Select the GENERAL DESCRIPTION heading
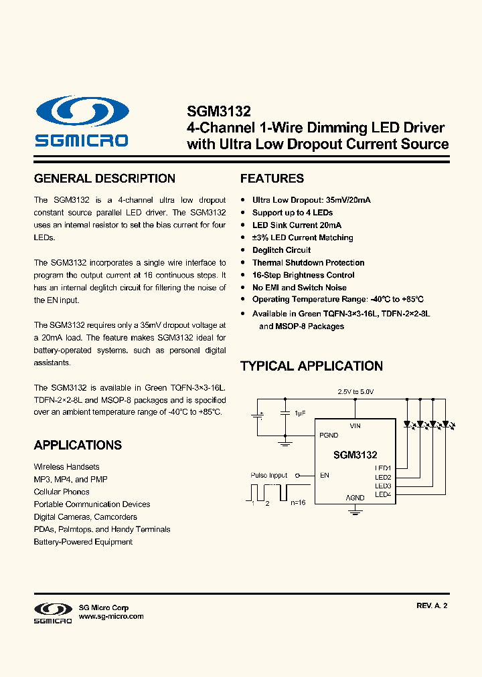pos(104,179)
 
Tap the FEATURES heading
pos(272,179)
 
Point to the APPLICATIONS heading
pos(78,446)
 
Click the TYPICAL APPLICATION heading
pos(311,366)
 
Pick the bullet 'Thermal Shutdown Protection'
pos(308,263)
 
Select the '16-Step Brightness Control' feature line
pos(303,275)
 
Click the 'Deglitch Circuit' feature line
pos(281,250)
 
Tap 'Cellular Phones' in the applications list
pos(62,492)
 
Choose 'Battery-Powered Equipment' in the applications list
pos(83,542)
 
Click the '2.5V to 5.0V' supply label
pos(355,391)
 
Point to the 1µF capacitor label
pos(299,413)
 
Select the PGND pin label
pos(329,435)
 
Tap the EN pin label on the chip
pos(325,476)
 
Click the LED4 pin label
pos(383,494)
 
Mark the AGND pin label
pos(355,498)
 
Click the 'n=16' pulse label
pos(299,502)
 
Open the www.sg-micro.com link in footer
pos(111,617)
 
